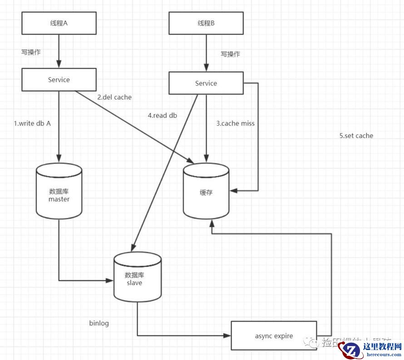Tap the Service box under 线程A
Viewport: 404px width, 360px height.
(x=59, y=80)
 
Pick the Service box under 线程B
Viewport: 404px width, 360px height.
(x=206, y=84)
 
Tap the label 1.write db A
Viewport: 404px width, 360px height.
(x=32, y=123)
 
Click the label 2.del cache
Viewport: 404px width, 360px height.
(x=114, y=97)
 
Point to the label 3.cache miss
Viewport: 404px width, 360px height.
(x=235, y=123)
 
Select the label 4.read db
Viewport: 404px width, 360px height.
(x=162, y=115)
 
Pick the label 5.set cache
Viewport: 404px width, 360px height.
(x=356, y=136)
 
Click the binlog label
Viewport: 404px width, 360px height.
(x=99, y=323)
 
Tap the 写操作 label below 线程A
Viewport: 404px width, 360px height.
(x=31, y=52)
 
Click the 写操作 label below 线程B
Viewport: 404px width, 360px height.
(x=231, y=54)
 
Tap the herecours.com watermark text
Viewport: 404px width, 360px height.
(x=382, y=355)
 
